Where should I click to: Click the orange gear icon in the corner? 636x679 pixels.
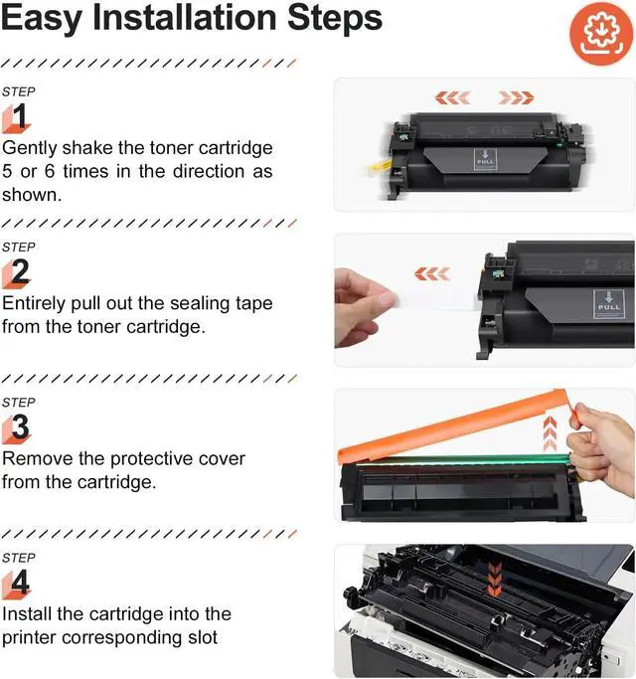(x=601, y=34)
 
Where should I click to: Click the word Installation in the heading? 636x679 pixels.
(x=185, y=18)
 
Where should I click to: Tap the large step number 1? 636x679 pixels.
(x=20, y=117)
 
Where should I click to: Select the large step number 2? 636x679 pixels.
(x=20, y=271)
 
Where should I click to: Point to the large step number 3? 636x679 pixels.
(x=20, y=426)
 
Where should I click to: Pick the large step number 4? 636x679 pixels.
(x=20, y=582)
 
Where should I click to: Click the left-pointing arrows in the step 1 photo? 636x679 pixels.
(x=452, y=97)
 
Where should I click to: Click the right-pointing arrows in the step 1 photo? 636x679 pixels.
(x=516, y=97)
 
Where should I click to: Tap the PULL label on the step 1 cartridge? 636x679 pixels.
(x=485, y=159)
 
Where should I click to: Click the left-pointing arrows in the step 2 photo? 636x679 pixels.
(x=432, y=273)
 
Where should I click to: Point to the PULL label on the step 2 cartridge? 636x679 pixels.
(x=609, y=303)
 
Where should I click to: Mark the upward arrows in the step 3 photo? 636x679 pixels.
(x=550, y=433)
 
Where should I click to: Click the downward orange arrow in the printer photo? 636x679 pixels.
(x=495, y=579)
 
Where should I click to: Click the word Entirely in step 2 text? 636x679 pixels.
(x=34, y=303)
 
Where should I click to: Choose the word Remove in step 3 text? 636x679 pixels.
(x=37, y=458)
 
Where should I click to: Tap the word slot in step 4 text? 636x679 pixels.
(x=203, y=637)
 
